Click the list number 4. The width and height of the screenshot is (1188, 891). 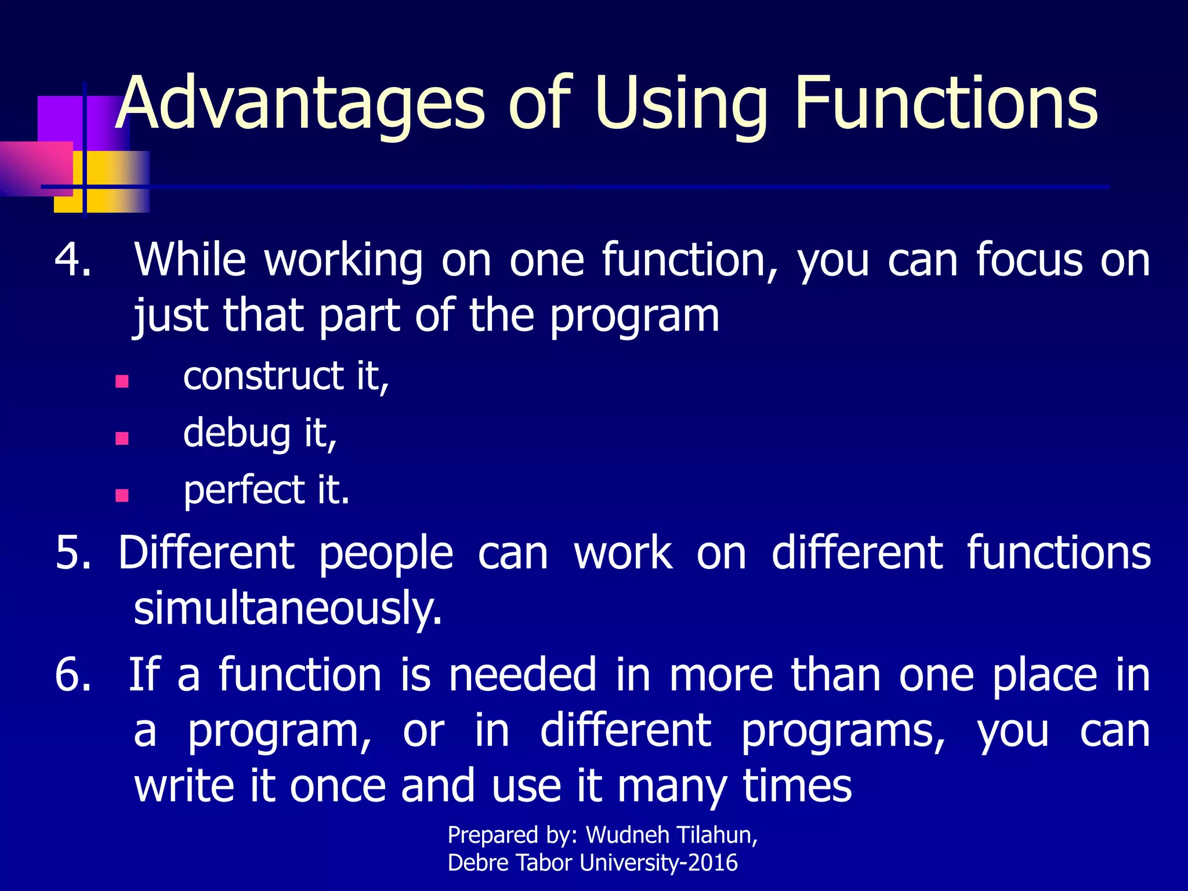(x=73, y=260)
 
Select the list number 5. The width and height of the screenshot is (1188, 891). (x=73, y=553)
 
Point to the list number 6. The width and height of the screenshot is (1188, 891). (x=73, y=675)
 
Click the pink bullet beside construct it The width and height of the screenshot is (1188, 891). (x=122, y=381)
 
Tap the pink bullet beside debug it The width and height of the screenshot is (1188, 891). (x=122, y=438)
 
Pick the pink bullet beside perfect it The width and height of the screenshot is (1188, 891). (x=122, y=495)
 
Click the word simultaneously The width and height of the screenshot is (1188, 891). (x=288, y=609)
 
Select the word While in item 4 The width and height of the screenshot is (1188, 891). (x=190, y=260)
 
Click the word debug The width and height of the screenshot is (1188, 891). (x=237, y=434)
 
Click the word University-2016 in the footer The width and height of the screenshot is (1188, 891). (x=658, y=863)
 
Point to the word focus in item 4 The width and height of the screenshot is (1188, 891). (x=1029, y=260)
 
